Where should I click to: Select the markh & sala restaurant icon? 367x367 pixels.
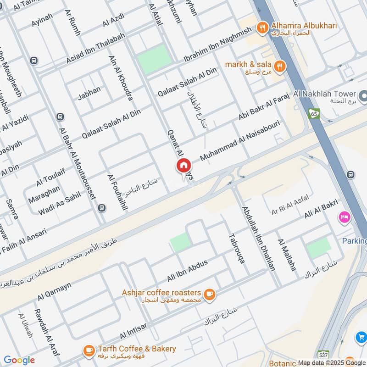click(x=280, y=66)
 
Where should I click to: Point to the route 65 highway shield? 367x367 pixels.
click(x=314, y=113)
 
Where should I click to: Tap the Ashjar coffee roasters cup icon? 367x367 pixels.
click(x=209, y=294)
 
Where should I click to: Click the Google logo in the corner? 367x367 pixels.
click(x=19, y=360)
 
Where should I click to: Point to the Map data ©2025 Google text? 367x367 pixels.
click(x=332, y=362)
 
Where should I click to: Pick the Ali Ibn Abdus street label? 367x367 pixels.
click(x=187, y=271)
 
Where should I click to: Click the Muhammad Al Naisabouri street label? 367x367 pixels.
click(x=240, y=142)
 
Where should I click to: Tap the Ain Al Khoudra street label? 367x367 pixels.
click(x=121, y=78)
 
